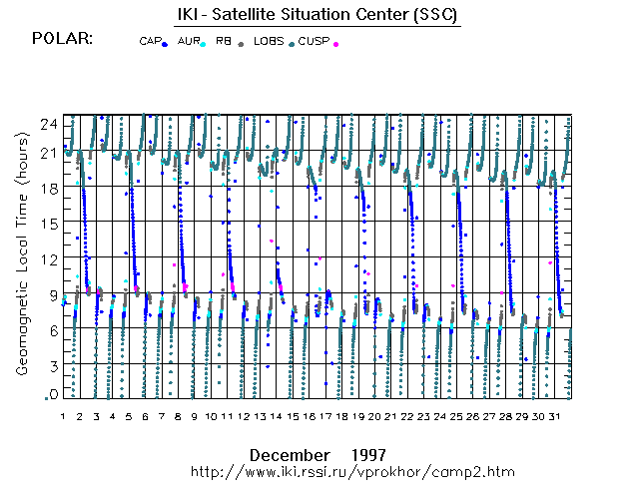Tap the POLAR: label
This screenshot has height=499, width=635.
click(63, 38)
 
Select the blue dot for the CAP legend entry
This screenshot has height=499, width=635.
click(164, 44)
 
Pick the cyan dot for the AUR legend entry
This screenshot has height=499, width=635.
click(203, 44)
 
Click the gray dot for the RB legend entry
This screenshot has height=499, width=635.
click(241, 44)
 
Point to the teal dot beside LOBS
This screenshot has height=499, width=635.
click(291, 44)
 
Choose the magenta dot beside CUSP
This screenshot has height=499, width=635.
click(335, 44)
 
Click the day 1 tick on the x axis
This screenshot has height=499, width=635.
click(63, 415)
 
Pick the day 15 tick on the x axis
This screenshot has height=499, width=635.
click(294, 415)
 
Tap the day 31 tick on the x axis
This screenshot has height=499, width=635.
click(555, 415)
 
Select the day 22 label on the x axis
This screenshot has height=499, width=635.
click(407, 415)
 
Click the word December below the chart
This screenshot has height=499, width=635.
click(290, 453)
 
